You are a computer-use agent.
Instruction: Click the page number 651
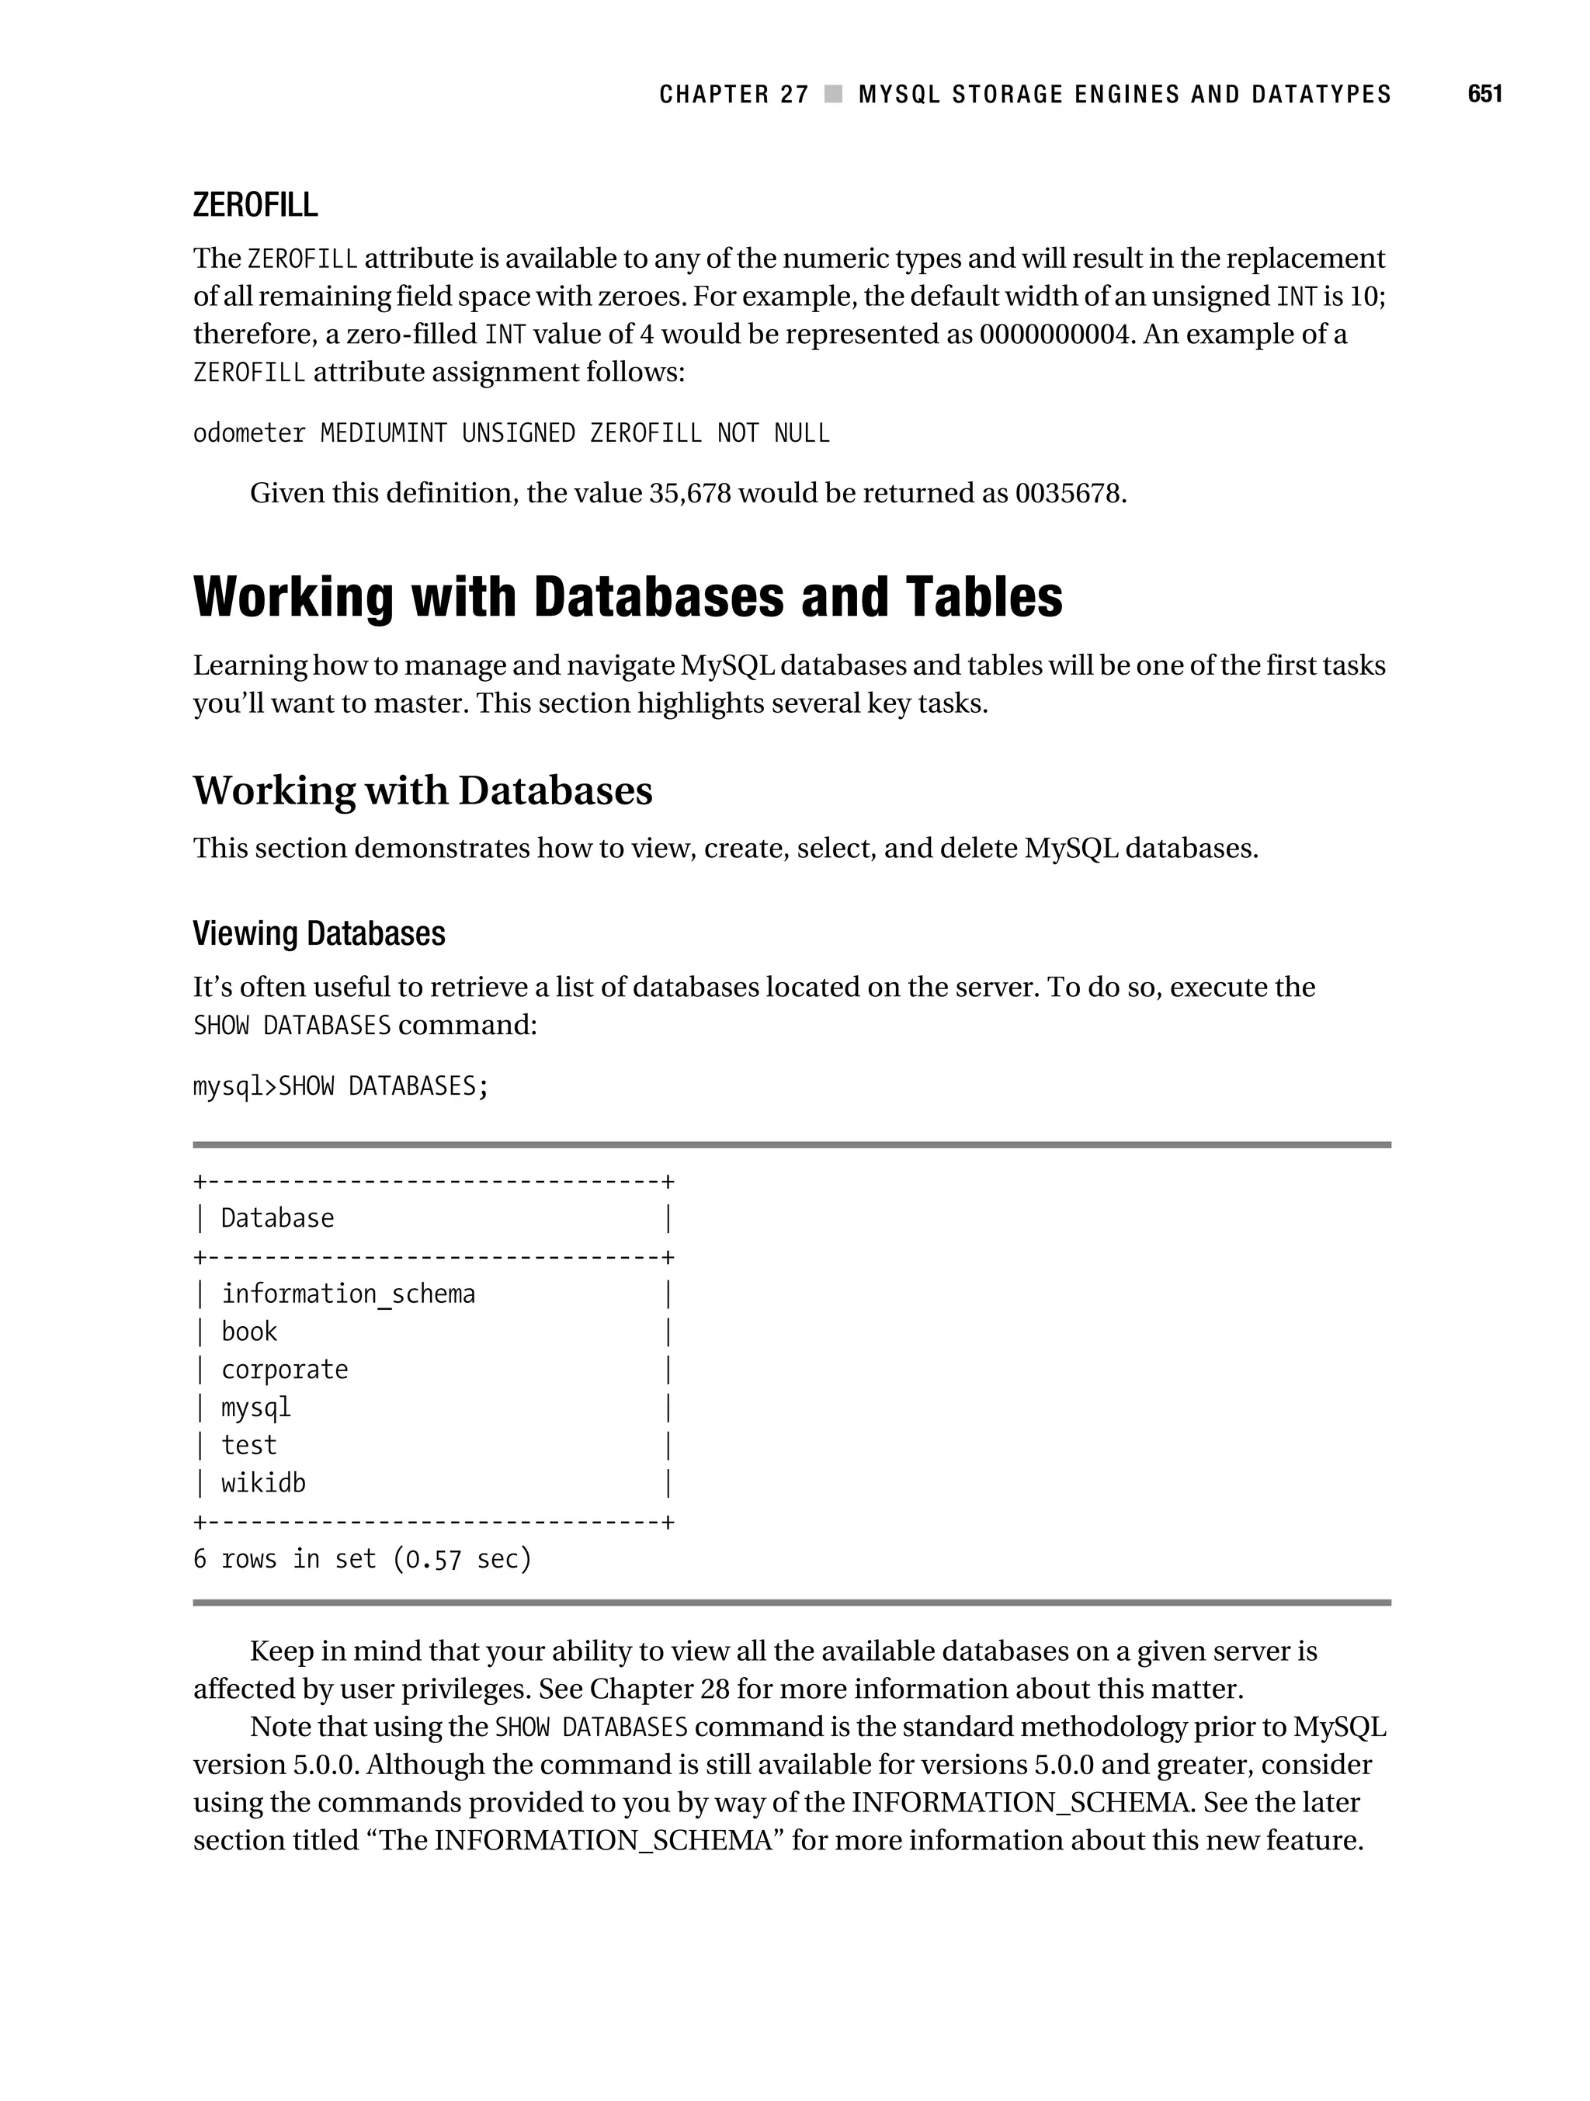coord(1484,94)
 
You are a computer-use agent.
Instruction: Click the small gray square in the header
coord(833,94)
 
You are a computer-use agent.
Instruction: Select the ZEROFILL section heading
coord(255,205)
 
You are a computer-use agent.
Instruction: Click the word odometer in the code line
coord(249,433)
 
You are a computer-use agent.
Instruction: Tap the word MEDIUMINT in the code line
coord(383,433)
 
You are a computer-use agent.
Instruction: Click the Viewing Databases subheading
coord(318,934)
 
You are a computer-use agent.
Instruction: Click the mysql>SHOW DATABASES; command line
coord(340,1085)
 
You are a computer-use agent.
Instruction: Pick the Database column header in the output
coord(277,1219)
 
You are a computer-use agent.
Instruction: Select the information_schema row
coord(348,1294)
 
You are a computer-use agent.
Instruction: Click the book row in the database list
coord(249,1332)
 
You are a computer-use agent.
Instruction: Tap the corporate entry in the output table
coord(284,1370)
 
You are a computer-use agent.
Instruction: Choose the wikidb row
coord(263,1483)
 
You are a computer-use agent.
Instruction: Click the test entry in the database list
coord(249,1445)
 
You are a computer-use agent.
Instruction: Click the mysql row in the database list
coord(255,1407)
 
